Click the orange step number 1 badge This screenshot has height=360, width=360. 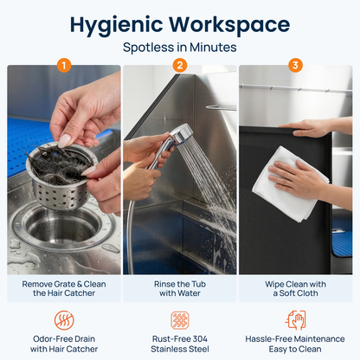click(64, 66)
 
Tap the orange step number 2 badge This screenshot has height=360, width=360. click(180, 66)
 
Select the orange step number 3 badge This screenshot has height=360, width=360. click(295, 66)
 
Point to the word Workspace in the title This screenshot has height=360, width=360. click(229, 25)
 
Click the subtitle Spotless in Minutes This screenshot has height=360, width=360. click(180, 48)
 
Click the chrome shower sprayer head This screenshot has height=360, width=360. click(183, 135)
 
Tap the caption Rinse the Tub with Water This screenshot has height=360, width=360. click(180, 288)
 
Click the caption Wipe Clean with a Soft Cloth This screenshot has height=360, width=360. click(295, 288)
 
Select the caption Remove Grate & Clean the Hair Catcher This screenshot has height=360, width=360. click(64, 288)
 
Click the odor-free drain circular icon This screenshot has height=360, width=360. click(64, 320)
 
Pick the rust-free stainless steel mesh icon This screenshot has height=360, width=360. click(180, 320)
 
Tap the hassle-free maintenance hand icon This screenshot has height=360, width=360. click(295, 320)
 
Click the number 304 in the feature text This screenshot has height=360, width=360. click(199, 339)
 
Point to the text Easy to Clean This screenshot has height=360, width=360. click(295, 350)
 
